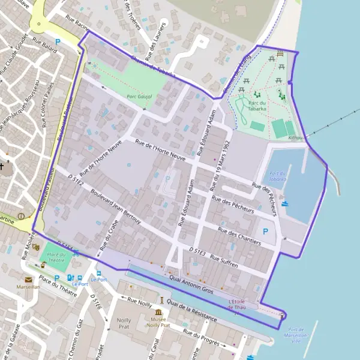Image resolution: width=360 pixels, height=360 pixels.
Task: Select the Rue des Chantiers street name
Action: pyautogui.click(x=239, y=236)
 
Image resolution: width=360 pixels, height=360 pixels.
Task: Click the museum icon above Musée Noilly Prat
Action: pyautogui.click(x=158, y=312)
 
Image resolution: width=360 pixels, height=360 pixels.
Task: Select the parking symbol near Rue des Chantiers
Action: pyautogui.click(x=265, y=231)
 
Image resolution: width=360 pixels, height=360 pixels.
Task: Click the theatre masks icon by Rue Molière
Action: pyautogui.click(x=36, y=247)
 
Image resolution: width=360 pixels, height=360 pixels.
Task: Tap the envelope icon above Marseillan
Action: pyautogui.click(x=28, y=279)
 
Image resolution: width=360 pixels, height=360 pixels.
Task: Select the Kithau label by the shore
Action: pyautogui.click(x=295, y=138)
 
